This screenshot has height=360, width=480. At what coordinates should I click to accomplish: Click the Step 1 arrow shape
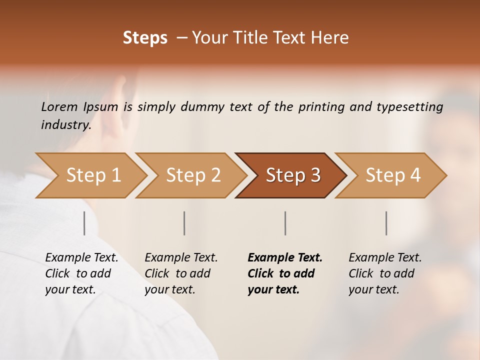[93, 175]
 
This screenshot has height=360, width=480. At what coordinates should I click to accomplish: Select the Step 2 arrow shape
[193, 175]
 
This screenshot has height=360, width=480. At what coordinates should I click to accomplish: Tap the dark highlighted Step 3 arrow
[293, 175]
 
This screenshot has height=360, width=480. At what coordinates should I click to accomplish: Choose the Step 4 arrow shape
[393, 175]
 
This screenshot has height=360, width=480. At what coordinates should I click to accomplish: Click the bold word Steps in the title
[145, 38]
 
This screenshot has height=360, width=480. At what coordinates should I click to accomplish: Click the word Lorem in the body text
[59, 106]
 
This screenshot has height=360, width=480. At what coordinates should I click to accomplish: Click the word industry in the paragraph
[65, 124]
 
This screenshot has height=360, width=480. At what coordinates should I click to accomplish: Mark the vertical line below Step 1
[84, 223]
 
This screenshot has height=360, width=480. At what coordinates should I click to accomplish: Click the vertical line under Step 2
[184, 223]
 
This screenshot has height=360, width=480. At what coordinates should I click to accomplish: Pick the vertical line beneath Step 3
[285, 223]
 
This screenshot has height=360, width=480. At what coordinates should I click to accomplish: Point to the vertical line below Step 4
[386, 223]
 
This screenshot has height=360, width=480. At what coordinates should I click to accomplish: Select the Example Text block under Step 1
[81, 273]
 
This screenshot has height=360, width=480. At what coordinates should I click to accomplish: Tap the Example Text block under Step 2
[181, 273]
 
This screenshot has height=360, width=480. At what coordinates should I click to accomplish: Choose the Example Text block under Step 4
[385, 273]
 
